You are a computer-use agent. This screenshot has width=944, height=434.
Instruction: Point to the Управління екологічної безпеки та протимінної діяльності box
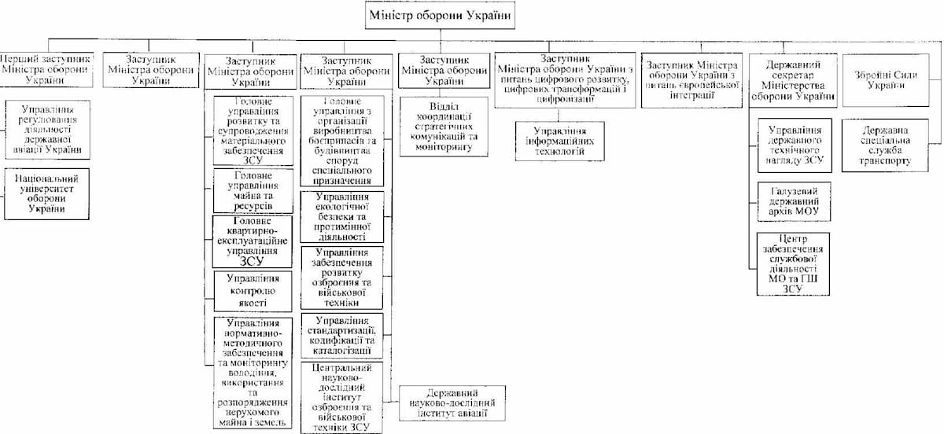[341, 217]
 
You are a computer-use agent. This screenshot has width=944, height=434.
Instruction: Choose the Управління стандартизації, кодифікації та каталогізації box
[341, 336]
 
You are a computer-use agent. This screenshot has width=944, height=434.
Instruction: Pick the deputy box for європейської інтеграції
[690, 80]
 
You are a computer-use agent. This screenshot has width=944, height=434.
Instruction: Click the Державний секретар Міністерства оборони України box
[792, 80]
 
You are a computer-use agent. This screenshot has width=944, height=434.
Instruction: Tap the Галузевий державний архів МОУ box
[792, 203]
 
